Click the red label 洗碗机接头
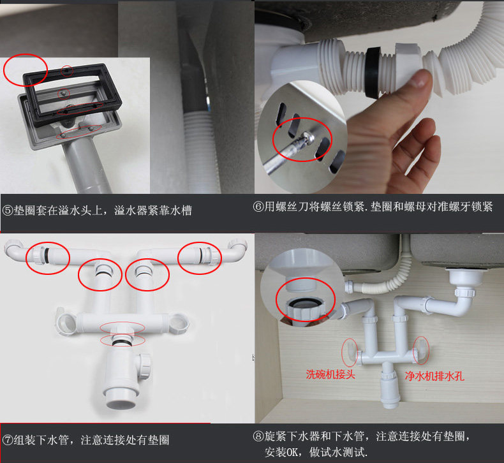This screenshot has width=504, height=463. (330, 374)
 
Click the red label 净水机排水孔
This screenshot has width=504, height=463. (434, 376)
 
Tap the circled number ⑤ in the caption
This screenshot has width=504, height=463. (8, 210)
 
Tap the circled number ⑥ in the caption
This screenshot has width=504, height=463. (258, 207)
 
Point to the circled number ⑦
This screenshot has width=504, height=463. (8, 440)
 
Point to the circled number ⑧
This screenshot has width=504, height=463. (258, 436)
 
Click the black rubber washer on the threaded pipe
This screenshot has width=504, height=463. (373, 72)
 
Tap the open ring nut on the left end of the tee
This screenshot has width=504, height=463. (66, 322)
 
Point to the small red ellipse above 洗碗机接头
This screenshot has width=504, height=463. (350, 352)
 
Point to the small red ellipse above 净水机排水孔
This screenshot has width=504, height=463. (421, 350)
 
